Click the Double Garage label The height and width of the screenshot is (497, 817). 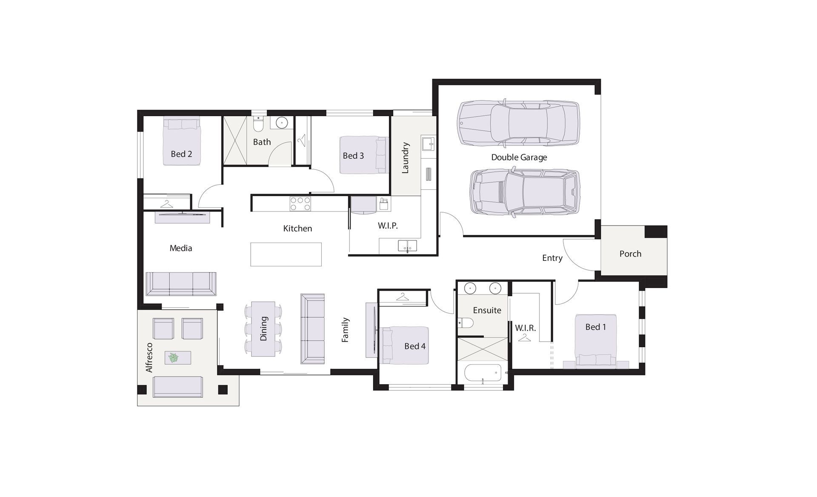point(519,157)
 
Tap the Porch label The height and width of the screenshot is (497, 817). point(630,254)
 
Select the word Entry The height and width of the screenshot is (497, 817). point(552,258)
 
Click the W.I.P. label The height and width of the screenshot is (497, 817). point(388,226)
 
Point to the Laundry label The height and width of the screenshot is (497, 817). point(405,158)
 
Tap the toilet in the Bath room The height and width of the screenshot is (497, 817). point(258,124)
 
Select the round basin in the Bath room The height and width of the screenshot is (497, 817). point(282,123)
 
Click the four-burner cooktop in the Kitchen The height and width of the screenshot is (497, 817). point(300,204)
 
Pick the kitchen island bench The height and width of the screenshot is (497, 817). point(286,254)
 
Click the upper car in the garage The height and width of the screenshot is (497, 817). point(518,123)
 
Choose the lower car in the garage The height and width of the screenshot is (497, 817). point(524,191)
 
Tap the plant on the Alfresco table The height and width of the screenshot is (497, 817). point(174,357)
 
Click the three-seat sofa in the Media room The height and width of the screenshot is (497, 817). point(181,284)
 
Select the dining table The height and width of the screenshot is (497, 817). point(263,329)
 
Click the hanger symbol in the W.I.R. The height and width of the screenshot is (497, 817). point(525,337)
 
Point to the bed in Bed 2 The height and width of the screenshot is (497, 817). point(182,141)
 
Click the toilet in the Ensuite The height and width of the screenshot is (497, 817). point(466,323)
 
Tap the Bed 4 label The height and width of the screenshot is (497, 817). point(415,346)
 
